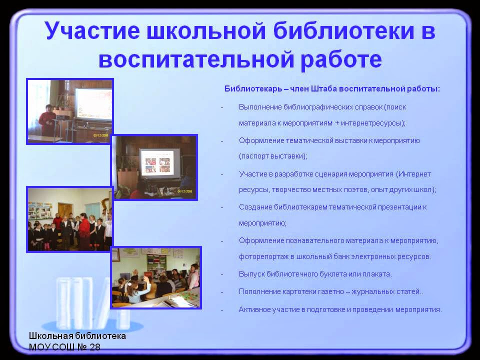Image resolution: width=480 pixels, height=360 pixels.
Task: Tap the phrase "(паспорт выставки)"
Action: pos(273,156)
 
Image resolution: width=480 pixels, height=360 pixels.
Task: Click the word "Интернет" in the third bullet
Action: pos(415,174)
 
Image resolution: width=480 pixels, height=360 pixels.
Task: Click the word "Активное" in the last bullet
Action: pos(255,309)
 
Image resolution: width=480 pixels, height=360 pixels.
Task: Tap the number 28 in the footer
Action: pos(94,347)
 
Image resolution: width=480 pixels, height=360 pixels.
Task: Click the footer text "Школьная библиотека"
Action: pos(77,336)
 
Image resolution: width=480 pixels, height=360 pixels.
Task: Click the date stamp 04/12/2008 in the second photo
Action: pos(185,190)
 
